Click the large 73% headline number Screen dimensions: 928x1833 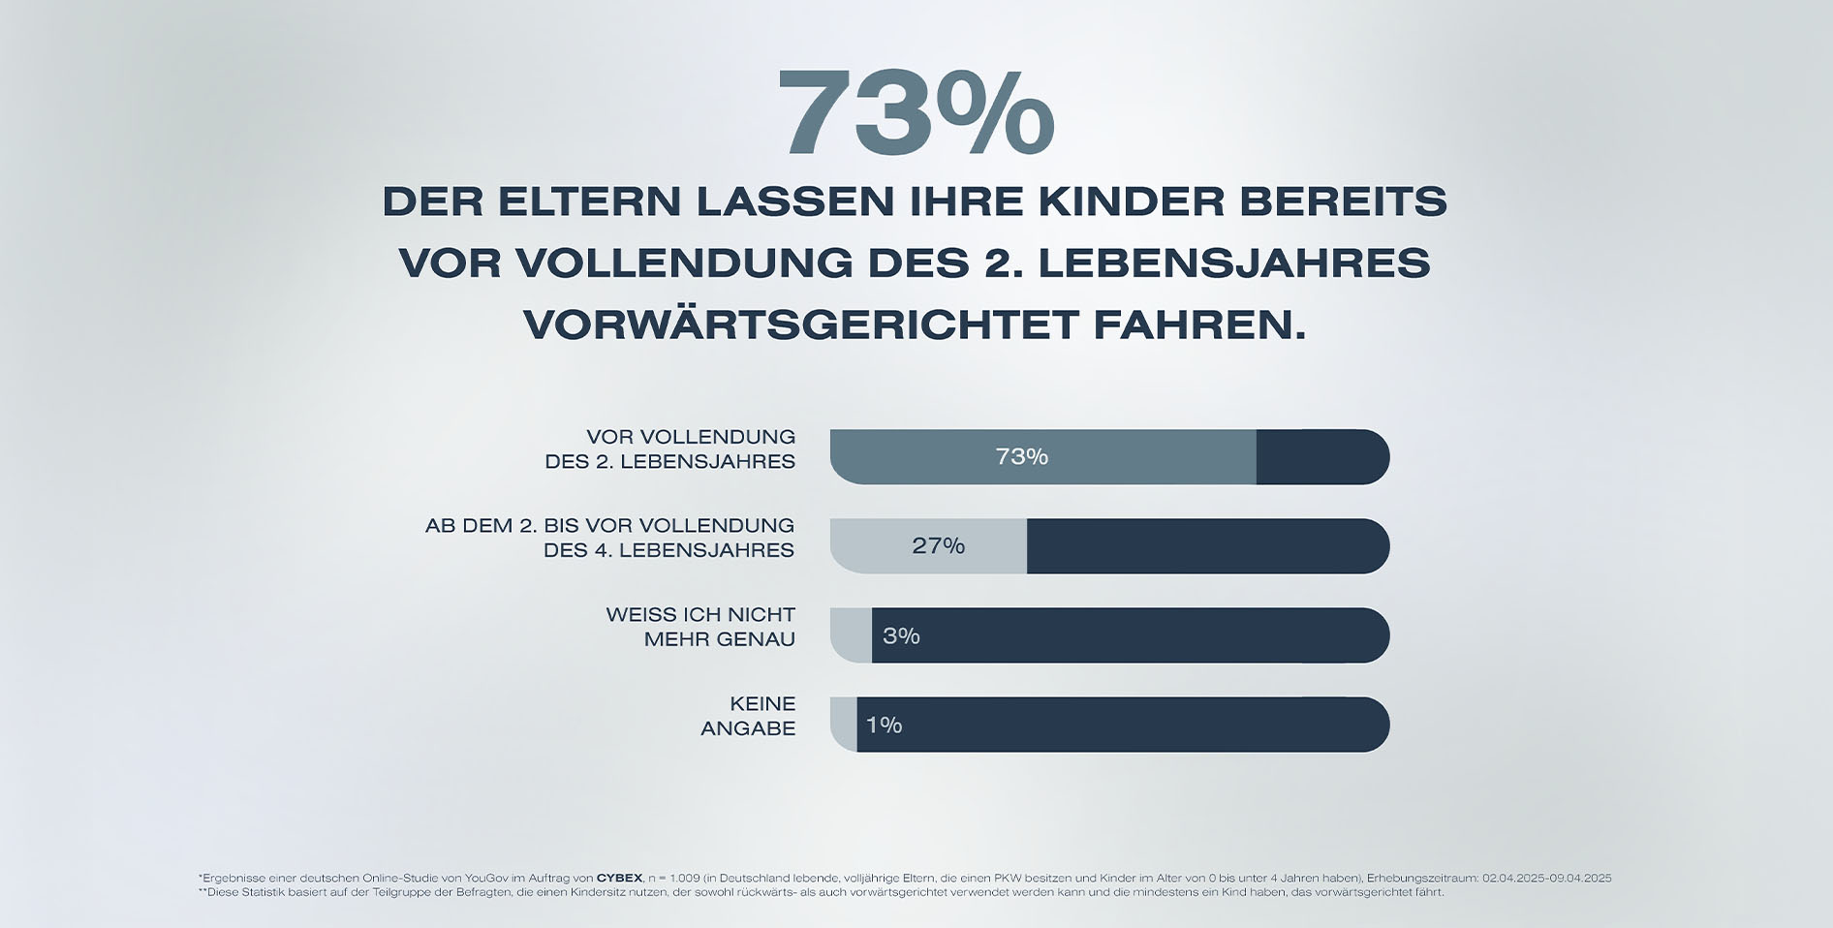pyautogui.click(x=915, y=114)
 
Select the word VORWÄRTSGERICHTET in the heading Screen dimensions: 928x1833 pyautogui.click(x=801, y=325)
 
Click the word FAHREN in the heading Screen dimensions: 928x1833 pyautogui.click(x=1198, y=325)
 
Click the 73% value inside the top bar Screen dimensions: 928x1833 pyautogui.click(x=1021, y=456)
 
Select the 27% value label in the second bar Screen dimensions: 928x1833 pyautogui.click(x=938, y=546)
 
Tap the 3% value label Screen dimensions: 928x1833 pyautogui.click(x=900, y=635)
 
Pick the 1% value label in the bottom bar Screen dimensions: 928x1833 pyautogui.click(x=884, y=725)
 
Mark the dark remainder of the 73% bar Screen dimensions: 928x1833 pyautogui.click(x=1321, y=456)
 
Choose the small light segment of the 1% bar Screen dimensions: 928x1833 pyautogui.click(x=844, y=725)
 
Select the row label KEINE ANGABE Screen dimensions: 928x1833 pyautogui.click(x=748, y=716)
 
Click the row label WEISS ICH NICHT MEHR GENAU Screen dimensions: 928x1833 pyautogui.click(x=700, y=627)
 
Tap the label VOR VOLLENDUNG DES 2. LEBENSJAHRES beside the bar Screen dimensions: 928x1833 pyautogui.click(x=670, y=449)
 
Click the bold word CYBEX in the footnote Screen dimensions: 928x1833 pyautogui.click(x=619, y=878)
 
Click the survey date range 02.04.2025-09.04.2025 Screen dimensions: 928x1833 pyautogui.click(x=1546, y=878)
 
